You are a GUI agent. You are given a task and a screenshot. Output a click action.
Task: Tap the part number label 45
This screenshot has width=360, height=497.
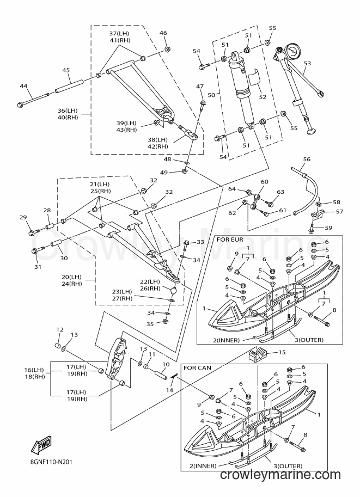(x=66, y=70)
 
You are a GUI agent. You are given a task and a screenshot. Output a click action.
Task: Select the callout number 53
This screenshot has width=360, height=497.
(x=307, y=63)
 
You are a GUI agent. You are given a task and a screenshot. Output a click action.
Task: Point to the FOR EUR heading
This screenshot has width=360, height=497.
(x=230, y=240)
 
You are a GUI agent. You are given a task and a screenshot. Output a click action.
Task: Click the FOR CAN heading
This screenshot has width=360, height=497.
(x=197, y=368)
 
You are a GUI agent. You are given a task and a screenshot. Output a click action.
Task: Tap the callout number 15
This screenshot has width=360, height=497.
(x=282, y=352)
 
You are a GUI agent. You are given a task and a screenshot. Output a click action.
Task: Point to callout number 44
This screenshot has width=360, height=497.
(x=23, y=86)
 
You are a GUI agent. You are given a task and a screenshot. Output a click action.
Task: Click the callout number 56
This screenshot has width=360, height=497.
(x=307, y=159)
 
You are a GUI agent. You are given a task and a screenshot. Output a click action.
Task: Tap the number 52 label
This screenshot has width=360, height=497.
(x=263, y=97)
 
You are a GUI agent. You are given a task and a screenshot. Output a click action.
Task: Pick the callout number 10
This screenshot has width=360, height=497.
(x=166, y=365)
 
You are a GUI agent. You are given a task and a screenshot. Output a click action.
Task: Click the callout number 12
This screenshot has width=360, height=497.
(x=60, y=330)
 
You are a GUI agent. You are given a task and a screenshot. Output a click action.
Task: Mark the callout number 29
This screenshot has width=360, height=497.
(x=23, y=217)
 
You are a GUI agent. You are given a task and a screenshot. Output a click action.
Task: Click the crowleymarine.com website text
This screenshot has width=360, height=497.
(x=280, y=483)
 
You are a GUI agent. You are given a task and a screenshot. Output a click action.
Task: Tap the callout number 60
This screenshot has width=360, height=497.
(x=264, y=182)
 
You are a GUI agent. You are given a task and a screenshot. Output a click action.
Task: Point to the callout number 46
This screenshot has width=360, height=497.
(x=163, y=33)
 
